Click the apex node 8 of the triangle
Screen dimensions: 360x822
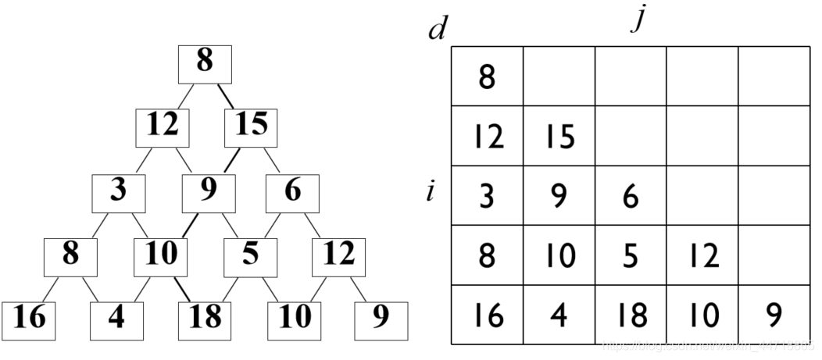(x=205, y=64)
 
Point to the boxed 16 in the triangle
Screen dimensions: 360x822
(x=29, y=319)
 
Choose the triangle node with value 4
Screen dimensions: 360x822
(x=117, y=319)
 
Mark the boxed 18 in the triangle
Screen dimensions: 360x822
(x=205, y=319)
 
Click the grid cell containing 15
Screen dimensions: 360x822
(x=559, y=137)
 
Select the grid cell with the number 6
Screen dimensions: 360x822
(x=631, y=196)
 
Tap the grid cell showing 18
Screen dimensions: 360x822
(x=631, y=315)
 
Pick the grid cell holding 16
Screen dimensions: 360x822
(x=487, y=315)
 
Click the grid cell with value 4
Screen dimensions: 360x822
(x=559, y=315)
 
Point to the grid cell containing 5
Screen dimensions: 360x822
(x=631, y=256)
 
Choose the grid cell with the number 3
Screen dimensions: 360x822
(x=487, y=196)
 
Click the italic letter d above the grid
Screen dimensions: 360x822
(x=438, y=30)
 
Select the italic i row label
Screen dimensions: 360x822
(x=431, y=191)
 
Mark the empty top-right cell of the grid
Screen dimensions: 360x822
(x=774, y=77)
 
